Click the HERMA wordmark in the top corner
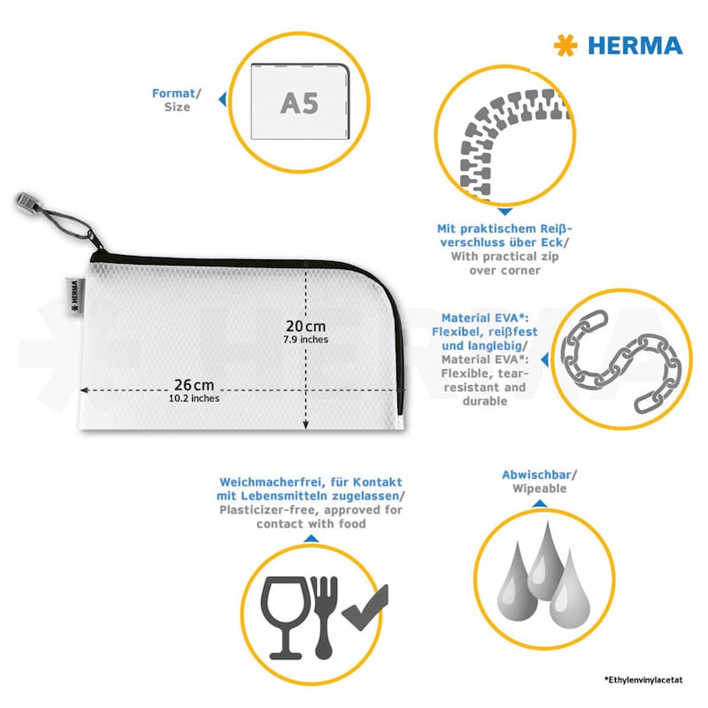click(635, 46)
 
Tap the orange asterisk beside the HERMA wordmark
click(566, 45)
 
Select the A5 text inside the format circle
click(299, 103)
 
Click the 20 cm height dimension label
click(305, 326)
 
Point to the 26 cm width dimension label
click(194, 385)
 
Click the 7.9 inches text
click(305, 340)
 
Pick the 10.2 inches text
click(194, 398)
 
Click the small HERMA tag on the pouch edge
click(74, 296)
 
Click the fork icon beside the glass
click(324, 617)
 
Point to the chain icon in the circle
click(621, 361)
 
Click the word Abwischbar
click(536, 474)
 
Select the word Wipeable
click(540, 489)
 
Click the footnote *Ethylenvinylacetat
click(643, 680)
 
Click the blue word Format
click(173, 93)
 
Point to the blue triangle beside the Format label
click(223, 99)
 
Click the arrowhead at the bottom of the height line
click(305, 425)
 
